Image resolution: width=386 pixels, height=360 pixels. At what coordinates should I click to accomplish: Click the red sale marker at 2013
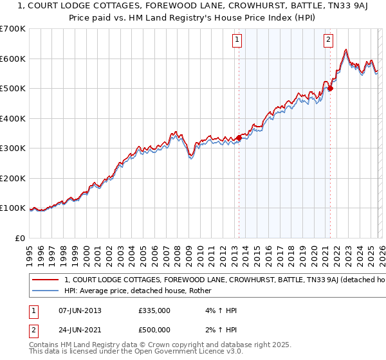239,137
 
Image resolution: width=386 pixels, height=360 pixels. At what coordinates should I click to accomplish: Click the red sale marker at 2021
330,89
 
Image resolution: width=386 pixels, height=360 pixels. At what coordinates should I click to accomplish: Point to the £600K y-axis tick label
13,59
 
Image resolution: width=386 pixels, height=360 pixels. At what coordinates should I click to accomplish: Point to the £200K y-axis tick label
13,178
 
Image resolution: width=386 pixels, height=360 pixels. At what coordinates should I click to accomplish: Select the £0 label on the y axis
19,238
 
